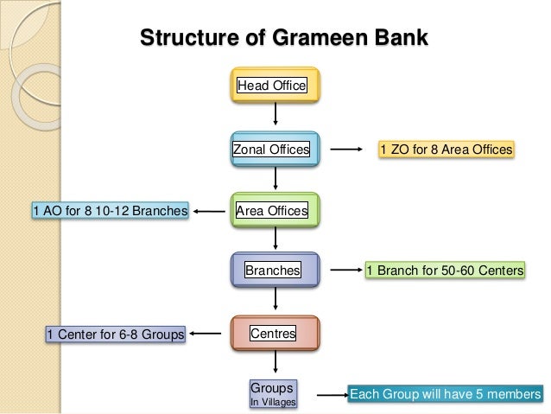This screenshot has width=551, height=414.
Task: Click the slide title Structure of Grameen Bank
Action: [284, 39]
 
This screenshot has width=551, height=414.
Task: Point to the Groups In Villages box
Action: [273, 393]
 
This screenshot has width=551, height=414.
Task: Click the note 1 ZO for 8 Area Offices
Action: [446, 150]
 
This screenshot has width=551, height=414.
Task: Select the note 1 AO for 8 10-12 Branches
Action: [110, 210]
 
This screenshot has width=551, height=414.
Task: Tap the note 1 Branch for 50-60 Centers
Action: [445, 271]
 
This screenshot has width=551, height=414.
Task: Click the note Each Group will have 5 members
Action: [445, 395]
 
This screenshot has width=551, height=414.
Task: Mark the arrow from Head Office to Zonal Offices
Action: [275, 114]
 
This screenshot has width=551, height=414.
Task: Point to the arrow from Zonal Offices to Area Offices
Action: [275, 177]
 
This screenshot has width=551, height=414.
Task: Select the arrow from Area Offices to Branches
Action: [275, 238]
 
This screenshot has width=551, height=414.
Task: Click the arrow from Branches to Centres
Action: [275, 299]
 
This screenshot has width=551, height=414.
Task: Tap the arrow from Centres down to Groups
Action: [275, 360]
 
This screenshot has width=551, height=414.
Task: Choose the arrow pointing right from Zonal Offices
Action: [348, 150]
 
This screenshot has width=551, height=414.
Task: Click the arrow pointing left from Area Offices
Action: [210, 210]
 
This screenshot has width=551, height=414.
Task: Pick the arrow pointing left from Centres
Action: [208, 333]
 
